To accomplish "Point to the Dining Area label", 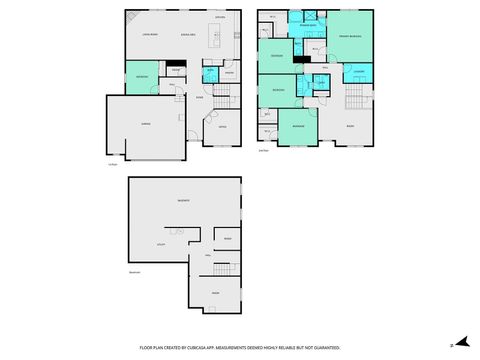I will coord(186,35).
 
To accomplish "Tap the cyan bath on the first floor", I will coord(210,74).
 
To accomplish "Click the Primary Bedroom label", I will coord(350,35).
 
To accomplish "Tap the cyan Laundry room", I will coord(359,72).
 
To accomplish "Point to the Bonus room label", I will coord(350,127).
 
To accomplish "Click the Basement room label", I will coord(183,201).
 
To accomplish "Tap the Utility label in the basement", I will coord(159,243).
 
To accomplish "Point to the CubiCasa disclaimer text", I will coord(239,347).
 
